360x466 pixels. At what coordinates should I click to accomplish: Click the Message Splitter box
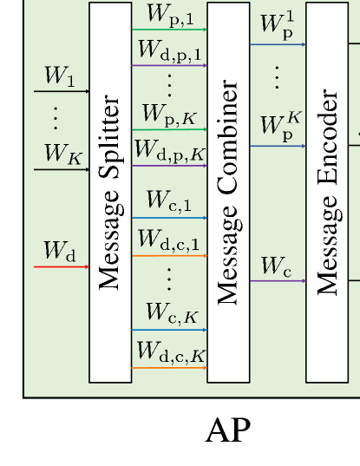[x=110, y=193]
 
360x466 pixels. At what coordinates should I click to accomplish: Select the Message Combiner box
[x=228, y=193]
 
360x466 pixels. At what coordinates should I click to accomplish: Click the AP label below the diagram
[x=228, y=430]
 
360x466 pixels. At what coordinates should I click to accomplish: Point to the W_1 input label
[x=59, y=77]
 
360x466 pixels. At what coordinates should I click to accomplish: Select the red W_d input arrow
[x=61, y=266]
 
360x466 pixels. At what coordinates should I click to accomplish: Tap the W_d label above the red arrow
[x=59, y=253]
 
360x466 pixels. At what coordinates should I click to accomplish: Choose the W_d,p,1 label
[x=169, y=51]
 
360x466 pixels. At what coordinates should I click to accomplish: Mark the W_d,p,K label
[x=169, y=151]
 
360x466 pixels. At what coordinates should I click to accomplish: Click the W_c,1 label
[x=169, y=202]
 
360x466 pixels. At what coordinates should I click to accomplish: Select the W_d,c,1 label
[x=169, y=240]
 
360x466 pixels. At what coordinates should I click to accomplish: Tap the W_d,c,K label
[x=169, y=352]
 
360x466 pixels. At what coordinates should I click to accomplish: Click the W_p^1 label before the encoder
[x=277, y=28]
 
